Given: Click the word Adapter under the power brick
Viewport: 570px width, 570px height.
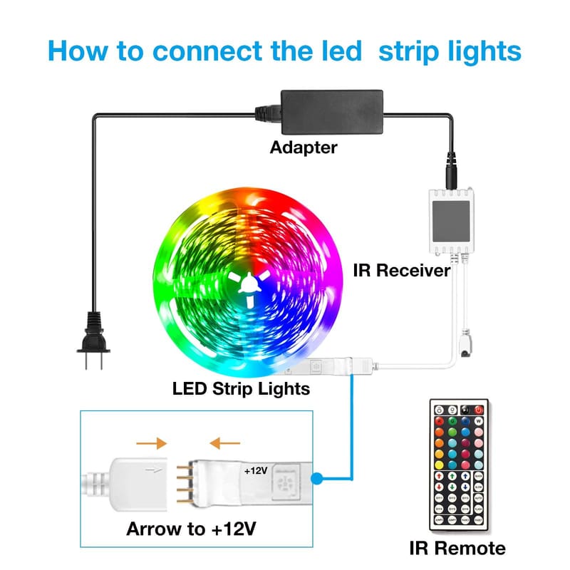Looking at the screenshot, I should click(x=303, y=147).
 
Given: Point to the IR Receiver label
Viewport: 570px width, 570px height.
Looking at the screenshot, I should click(x=401, y=271).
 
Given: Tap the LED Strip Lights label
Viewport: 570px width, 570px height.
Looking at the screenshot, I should click(x=241, y=388).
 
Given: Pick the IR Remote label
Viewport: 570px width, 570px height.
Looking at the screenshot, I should click(x=457, y=548).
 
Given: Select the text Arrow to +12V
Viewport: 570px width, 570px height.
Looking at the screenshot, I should click(x=192, y=529).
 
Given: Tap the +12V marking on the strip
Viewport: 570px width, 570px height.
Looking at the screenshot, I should click(x=256, y=471).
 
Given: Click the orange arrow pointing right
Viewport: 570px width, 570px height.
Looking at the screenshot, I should click(x=151, y=443).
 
